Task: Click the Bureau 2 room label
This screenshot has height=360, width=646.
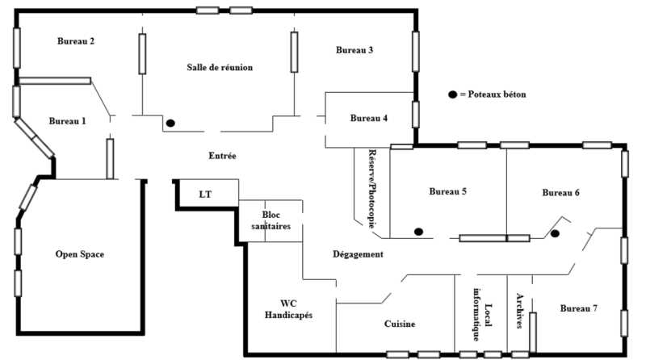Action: tap(76, 41)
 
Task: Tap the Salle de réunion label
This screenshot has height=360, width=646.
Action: tap(220, 67)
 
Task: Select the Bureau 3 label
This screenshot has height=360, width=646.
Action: tap(354, 50)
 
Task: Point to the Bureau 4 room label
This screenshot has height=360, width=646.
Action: tap(369, 118)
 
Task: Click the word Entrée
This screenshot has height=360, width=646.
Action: tap(223, 156)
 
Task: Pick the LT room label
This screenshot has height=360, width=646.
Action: tap(205, 195)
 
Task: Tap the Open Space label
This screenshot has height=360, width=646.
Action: tap(80, 254)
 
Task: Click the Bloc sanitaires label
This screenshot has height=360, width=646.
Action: tap(271, 220)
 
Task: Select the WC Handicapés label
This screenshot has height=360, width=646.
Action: tap(288, 309)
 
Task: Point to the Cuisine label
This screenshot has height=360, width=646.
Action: tap(400, 324)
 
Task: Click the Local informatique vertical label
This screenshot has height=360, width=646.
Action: tap(482, 314)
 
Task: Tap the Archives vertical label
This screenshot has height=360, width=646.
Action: tap(519, 311)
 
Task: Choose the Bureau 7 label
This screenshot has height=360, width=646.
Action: tap(579, 308)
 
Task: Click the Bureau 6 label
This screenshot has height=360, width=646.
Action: tap(560, 192)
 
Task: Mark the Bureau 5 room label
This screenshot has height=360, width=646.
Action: tap(448, 191)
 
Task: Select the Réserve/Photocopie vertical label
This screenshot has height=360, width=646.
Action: tap(372, 189)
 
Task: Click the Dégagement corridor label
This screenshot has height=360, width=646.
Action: tap(358, 254)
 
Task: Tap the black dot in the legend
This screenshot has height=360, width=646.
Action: tap(453, 94)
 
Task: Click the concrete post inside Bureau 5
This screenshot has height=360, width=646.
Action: tap(418, 232)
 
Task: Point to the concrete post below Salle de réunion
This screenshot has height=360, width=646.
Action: tap(170, 123)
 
